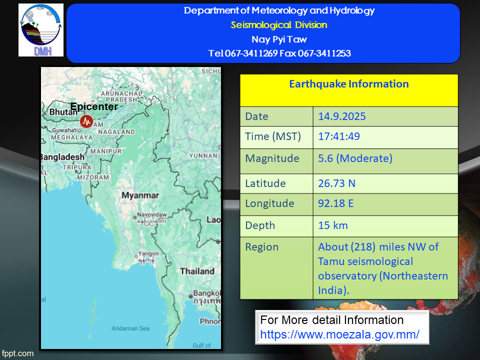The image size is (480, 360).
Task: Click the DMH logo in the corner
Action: click(x=41, y=30)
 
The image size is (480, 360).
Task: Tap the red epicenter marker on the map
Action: click(x=86, y=121)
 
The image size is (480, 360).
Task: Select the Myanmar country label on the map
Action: click(x=140, y=195)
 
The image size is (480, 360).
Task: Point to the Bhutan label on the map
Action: click(x=63, y=112)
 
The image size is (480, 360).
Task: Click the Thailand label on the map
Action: click(x=197, y=271)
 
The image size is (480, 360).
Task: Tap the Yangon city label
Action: click(x=148, y=253)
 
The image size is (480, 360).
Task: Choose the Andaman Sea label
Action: click(x=130, y=328)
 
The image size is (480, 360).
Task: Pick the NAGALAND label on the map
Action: click(x=116, y=132)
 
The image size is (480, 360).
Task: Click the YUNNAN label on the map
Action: click(x=203, y=156)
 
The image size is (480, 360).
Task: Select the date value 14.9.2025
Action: click(x=342, y=116)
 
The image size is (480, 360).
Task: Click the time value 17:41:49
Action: click(x=339, y=136)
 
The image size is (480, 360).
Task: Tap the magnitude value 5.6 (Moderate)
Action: click(x=355, y=158)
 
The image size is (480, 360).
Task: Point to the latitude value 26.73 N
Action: click(x=336, y=183)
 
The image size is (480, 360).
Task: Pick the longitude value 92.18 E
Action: click(x=336, y=203)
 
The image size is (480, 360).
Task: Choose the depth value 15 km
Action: click(x=333, y=225)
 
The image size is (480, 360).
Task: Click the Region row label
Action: click(x=261, y=247)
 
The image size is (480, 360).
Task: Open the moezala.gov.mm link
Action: click(x=340, y=334)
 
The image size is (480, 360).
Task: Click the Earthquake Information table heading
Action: click(x=349, y=84)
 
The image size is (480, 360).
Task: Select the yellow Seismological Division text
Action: click(x=279, y=25)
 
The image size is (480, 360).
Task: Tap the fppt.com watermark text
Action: click(x=18, y=353)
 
